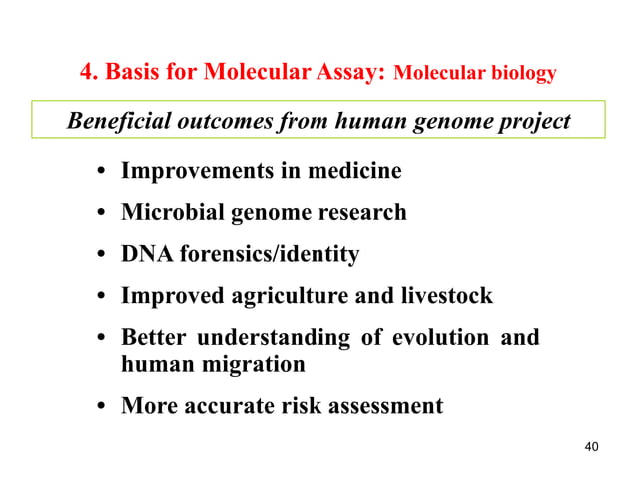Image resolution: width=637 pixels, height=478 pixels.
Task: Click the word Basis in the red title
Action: (135, 73)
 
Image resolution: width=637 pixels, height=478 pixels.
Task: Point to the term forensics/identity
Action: (269, 255)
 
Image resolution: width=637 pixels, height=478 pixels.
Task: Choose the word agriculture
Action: (293, 297)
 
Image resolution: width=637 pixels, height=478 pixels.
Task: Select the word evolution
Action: (432, 338)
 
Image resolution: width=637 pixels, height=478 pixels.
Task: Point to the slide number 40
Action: (591, 446)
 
